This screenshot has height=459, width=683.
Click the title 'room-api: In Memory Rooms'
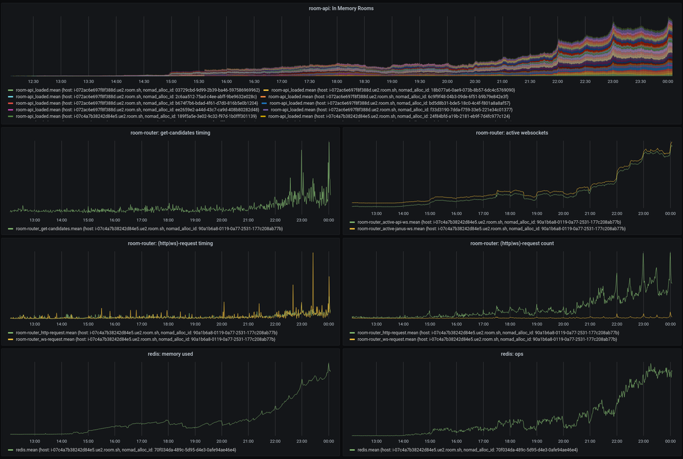[x=341, y=8]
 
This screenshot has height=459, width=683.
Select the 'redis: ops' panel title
[x=512, y=354]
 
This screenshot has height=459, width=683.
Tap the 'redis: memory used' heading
[x=170, y=354]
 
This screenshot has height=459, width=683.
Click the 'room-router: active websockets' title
[x=512, y=133]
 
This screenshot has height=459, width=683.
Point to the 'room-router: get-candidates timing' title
[x=170, y=133]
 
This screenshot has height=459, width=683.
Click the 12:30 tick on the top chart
[x=34, y=81]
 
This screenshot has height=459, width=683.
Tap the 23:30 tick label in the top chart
[x=641, y=81]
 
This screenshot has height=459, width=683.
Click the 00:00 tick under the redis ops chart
[x=670, y=441]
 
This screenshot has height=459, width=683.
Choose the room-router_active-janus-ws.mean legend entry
[x=487, y=228]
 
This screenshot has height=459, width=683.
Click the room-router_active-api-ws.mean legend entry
[x=484, y=223]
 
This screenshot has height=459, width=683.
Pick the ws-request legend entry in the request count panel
[x=484, y=339]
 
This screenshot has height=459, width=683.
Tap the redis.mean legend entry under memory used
[x=126, y=450]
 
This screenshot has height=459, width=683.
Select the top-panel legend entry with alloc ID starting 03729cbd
[x=137, y=90]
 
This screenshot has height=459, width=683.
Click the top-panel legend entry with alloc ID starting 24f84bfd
[x=391, y=116]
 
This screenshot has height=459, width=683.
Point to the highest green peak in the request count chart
[x=670, y=254]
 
